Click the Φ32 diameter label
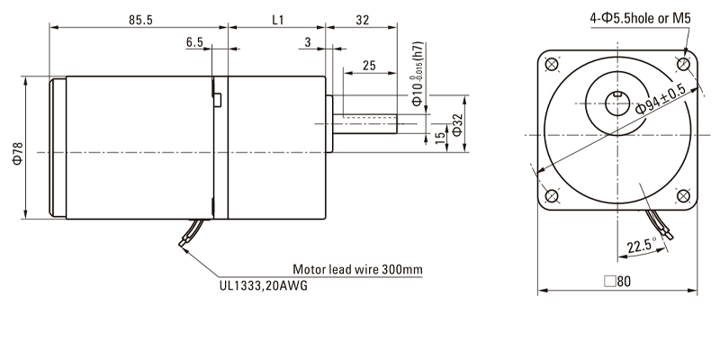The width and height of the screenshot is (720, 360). tap(456, 126)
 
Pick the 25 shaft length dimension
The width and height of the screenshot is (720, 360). tap(368, 66)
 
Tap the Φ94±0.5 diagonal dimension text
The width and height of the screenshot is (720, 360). tap(661, 99)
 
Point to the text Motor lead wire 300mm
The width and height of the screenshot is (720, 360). tap(357, 269)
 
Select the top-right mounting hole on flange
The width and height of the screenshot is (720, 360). tap(684, 65)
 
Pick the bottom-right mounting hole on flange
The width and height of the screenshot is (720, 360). tap(684, 197)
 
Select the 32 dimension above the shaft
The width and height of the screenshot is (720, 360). tap(362, 17)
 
